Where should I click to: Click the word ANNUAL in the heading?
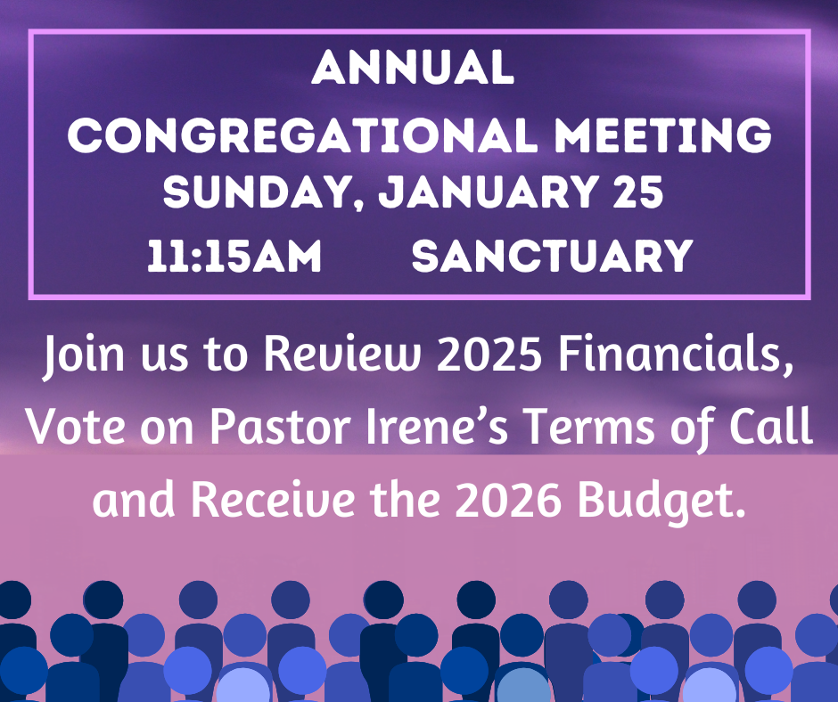(x=413, y=69)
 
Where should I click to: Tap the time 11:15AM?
(x=234, y=257)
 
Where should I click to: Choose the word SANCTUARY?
(x=553, y=257)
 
